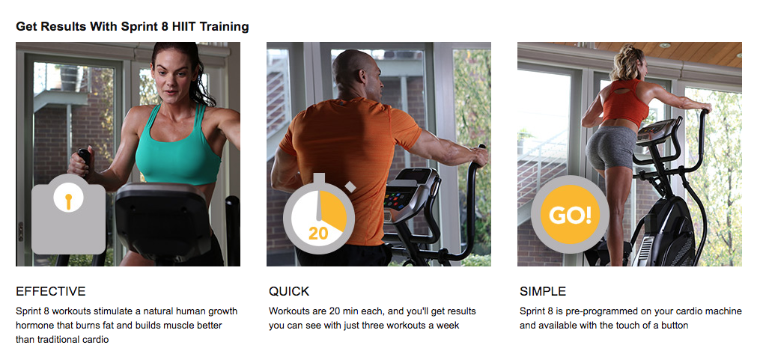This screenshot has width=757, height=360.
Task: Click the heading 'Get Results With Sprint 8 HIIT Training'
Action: click(x=133, y=27)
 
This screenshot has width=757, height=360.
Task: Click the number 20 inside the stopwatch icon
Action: click(x=318, y=234)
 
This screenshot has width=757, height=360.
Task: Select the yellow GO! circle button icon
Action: click(x=570, y=216)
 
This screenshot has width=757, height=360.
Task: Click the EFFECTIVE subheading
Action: click(x=51, y=291)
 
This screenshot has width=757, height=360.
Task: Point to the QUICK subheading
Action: click(x=289, y=291)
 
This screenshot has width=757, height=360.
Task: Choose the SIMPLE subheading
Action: click(x=543, y=291)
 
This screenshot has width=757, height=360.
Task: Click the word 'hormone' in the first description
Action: click(x=37, y=325)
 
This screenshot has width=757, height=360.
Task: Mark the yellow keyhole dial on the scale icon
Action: click(x=68, y=201)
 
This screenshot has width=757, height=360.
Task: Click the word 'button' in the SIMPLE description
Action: click(x=672, y=325)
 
